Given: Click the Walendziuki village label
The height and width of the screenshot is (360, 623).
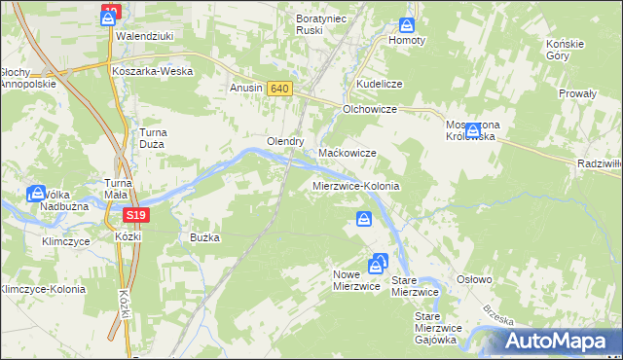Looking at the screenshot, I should pos(144,36).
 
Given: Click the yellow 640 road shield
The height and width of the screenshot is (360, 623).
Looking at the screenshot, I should pos(279,89).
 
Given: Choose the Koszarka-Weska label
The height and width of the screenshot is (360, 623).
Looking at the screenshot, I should pos(152,71).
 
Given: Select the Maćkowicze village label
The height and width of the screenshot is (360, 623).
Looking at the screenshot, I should pos(348,154).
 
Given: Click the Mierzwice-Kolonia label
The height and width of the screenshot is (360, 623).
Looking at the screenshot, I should pos(356,185).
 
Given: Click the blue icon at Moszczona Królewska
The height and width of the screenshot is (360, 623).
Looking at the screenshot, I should pos(472,128).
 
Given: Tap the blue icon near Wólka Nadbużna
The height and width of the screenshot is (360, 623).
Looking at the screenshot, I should pos(37,193).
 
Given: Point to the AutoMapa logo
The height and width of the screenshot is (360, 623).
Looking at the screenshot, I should pos(559,341).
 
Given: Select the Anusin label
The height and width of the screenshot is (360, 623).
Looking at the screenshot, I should pos(246,89).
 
